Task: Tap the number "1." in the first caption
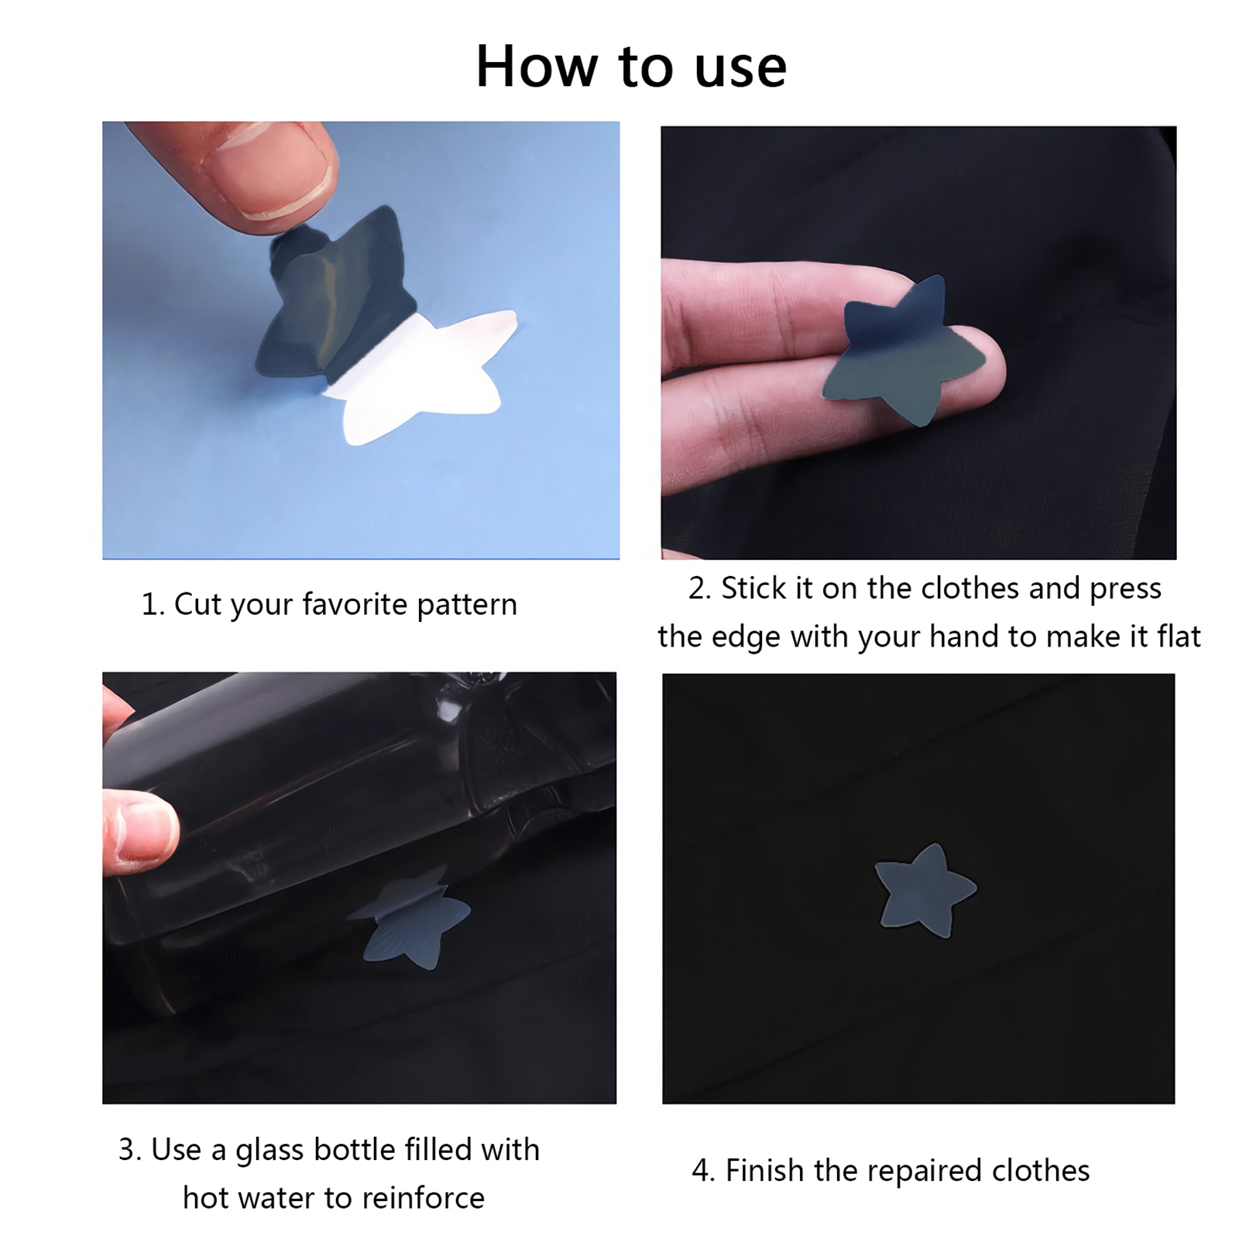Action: click(153, 605)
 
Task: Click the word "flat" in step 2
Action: click(1179, 637)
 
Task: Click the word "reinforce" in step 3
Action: click(424, 1198)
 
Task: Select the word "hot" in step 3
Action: click(206, 1199)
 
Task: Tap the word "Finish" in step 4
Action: click(766, 1171)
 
